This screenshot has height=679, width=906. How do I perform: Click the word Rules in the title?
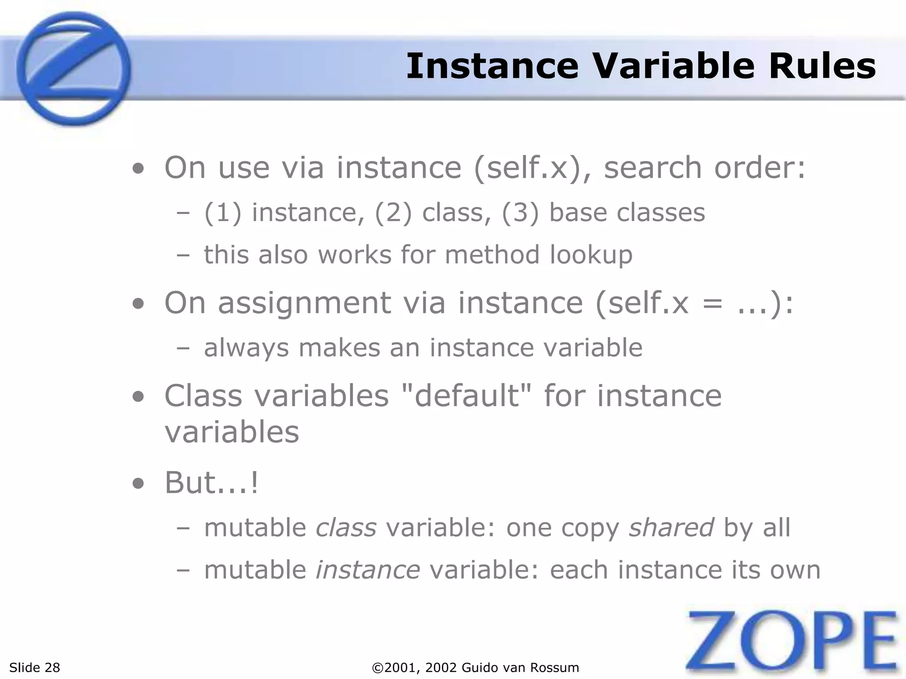[x=822, y=66]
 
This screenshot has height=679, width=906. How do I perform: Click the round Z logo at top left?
[x=73, y=69]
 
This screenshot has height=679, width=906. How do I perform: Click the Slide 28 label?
[x=35, y=668]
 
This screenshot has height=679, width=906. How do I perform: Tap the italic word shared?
[x=671, y=527]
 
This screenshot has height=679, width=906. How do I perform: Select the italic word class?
[x=346, y=527]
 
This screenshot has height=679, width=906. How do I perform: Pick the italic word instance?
[x=368, y=569]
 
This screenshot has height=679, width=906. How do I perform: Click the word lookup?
[x=591, y=255]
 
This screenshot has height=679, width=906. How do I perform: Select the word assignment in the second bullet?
[x=304, y=303]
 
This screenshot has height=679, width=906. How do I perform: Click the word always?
[x=246, y=348]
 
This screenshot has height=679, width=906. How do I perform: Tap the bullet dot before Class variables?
[x=138, y=397]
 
